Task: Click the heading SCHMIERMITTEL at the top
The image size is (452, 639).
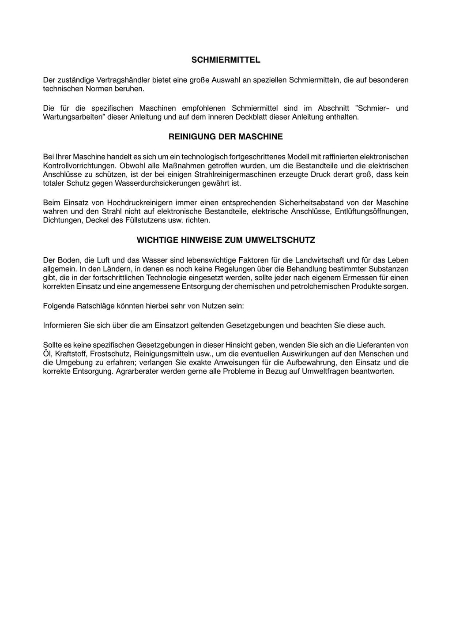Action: click(226, 60)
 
